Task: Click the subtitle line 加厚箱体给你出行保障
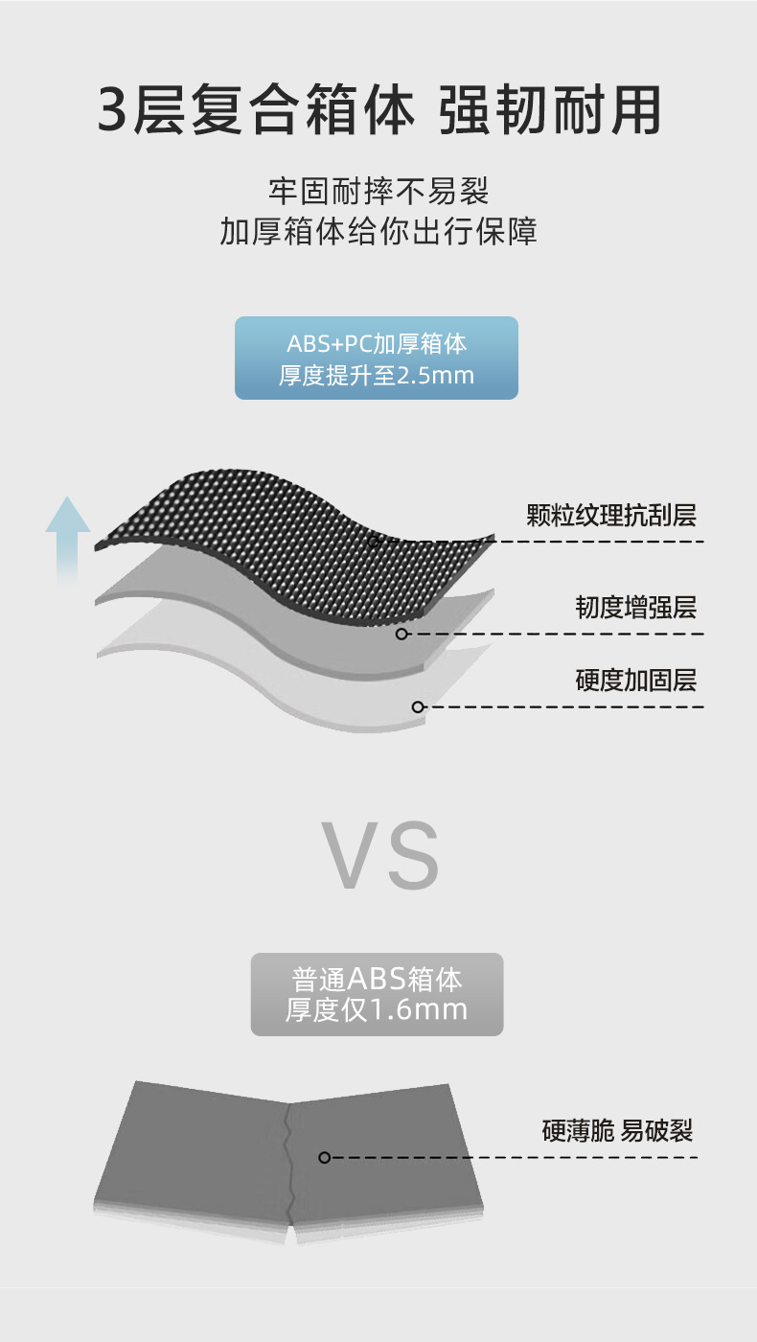(x=378, y=232)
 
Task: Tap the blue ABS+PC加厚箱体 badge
(x=377, y=358)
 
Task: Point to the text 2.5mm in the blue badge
(x=435, y=376)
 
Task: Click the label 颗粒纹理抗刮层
(x=610, y=516)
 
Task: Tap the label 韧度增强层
(x=635, y=607)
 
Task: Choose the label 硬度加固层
(x=635, y=681)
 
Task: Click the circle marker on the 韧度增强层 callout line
(x=401, y=634)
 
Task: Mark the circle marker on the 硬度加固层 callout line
(x=418, y=707)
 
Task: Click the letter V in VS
(x=349, y=855)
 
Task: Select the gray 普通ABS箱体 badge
(x=377, y=994)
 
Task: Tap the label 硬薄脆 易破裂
(x=616, y=1131)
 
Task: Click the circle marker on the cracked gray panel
(x=324, y=1158)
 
